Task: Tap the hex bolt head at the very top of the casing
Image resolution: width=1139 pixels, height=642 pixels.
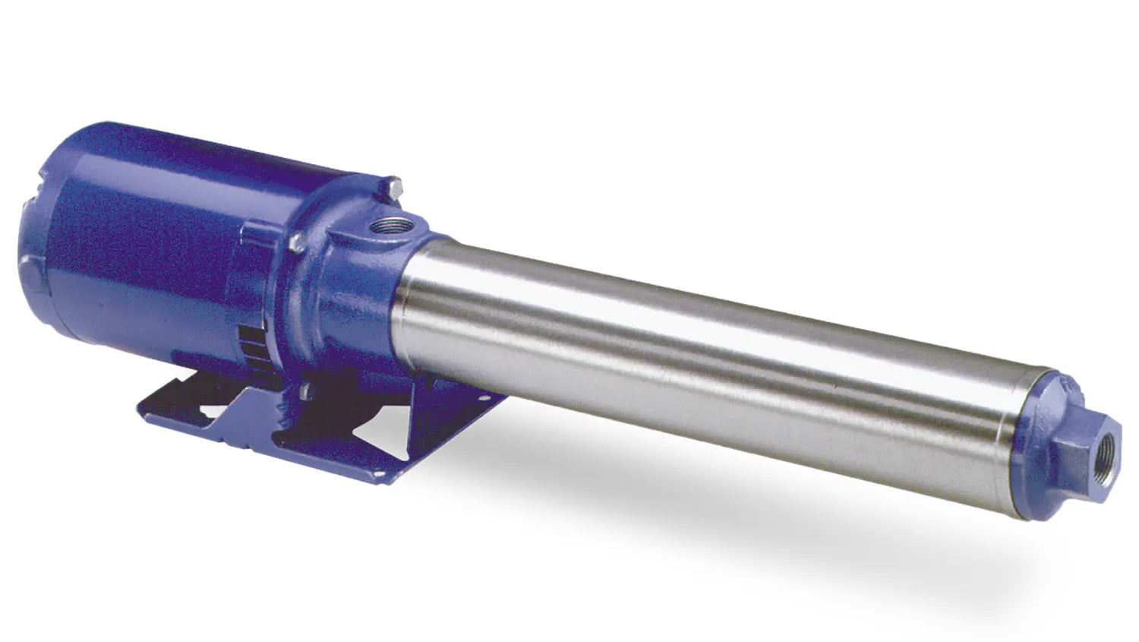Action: tap(393, 185)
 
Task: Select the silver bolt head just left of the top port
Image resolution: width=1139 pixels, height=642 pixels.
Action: tap(298, 242)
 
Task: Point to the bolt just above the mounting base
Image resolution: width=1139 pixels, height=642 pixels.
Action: tap(305, 391)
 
